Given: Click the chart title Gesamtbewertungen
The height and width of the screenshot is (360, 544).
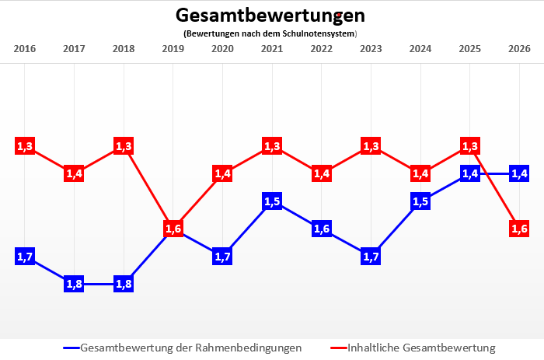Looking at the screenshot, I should point(270,16).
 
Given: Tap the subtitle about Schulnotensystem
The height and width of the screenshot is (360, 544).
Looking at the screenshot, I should point(270,33).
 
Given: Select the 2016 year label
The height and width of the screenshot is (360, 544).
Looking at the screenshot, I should point(25,49).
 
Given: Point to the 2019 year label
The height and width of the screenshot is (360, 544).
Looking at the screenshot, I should point(173,49).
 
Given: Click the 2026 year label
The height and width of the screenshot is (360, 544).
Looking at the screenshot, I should point(519,49).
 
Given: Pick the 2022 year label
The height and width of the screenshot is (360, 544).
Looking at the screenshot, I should point(322,49).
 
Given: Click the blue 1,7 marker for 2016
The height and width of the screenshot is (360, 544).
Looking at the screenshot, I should point(25,257).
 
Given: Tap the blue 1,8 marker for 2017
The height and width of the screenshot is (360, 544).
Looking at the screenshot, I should point(75,284).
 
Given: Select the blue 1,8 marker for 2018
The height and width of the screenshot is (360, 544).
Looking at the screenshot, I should point(124,284).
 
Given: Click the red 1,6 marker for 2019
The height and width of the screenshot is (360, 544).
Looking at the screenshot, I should point(173,229).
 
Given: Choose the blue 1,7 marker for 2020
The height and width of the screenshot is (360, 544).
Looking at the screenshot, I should point(223,256).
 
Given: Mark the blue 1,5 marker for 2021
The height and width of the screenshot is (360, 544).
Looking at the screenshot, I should point(272,201).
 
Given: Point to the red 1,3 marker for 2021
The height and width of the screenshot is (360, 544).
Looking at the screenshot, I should point(272,145).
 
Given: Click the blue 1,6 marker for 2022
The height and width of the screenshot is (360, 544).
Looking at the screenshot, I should point(322,229).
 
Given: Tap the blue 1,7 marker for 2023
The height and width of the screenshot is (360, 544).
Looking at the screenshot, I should point(371,256).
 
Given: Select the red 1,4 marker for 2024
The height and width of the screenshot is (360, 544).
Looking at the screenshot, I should point(420,173).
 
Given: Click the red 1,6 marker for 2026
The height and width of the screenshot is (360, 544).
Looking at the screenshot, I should point(519,229).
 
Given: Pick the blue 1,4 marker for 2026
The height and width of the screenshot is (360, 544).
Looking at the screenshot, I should point(519,173).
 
